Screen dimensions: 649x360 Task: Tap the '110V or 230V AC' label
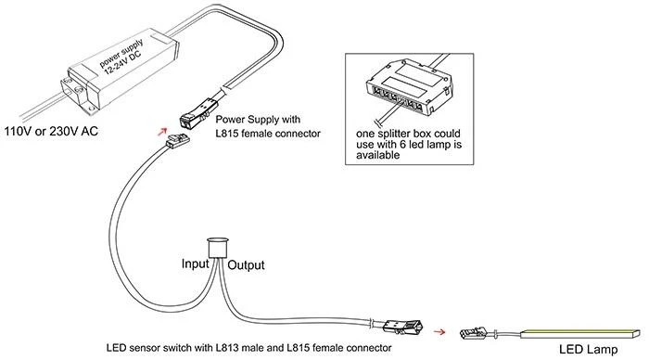click(x=51, y=132)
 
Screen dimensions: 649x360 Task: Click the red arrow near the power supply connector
click(x=162, y=132)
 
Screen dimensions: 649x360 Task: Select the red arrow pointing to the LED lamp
click(x=439, y=331)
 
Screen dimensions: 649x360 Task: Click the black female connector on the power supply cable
click(x=200, y=113)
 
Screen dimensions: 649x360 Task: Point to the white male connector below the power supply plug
click(x=178, y=140)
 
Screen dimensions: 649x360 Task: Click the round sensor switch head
click(x=218, y=248)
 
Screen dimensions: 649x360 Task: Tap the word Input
click(x=196, y=264)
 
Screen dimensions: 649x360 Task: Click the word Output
click(x=246, y=265)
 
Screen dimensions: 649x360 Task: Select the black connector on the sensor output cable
click(x=402, y=326)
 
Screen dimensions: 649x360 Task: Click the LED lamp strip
click(x=580, y=333)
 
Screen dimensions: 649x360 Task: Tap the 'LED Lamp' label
click(x=588, y=349)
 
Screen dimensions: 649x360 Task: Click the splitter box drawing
click(x=409, y=86)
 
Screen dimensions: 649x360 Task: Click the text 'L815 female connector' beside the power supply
click(x=268, y=134)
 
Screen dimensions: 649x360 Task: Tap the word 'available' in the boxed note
click(x=378, y=155)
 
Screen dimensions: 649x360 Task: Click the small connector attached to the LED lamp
click(x=473, y=332)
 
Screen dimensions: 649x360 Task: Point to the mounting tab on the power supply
click(x=76, y=94)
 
